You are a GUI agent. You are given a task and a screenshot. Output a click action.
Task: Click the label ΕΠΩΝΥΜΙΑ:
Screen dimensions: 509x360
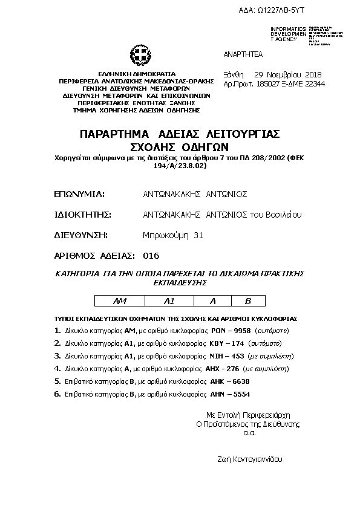[80, 194]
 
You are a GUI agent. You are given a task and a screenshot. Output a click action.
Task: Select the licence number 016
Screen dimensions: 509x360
[151, 255]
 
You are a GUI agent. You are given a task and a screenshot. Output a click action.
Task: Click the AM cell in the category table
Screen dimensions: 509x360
[120, 300]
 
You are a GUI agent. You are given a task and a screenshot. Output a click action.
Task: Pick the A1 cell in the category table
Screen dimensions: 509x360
[169, 300]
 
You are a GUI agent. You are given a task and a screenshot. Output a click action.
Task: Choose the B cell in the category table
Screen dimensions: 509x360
[247, 300]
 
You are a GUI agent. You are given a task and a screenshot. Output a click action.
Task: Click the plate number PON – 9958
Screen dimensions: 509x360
[231, 331]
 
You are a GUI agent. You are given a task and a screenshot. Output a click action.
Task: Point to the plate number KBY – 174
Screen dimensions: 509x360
[227, 343]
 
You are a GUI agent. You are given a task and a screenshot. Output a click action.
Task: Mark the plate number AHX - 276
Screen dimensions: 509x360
[224, 368]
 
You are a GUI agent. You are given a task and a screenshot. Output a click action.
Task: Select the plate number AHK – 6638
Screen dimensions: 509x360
[229, 381]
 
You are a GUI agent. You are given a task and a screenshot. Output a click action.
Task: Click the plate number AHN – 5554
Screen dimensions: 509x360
[230, 394]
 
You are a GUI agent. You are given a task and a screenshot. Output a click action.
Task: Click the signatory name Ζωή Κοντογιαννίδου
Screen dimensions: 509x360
[249, 459]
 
